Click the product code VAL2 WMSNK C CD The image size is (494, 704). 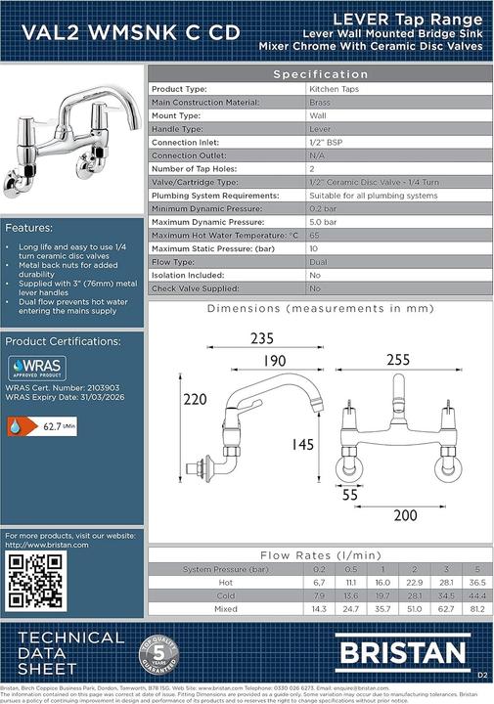[122, 32]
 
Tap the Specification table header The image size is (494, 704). [320, 74]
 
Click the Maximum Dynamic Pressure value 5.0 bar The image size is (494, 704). [322, 222]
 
